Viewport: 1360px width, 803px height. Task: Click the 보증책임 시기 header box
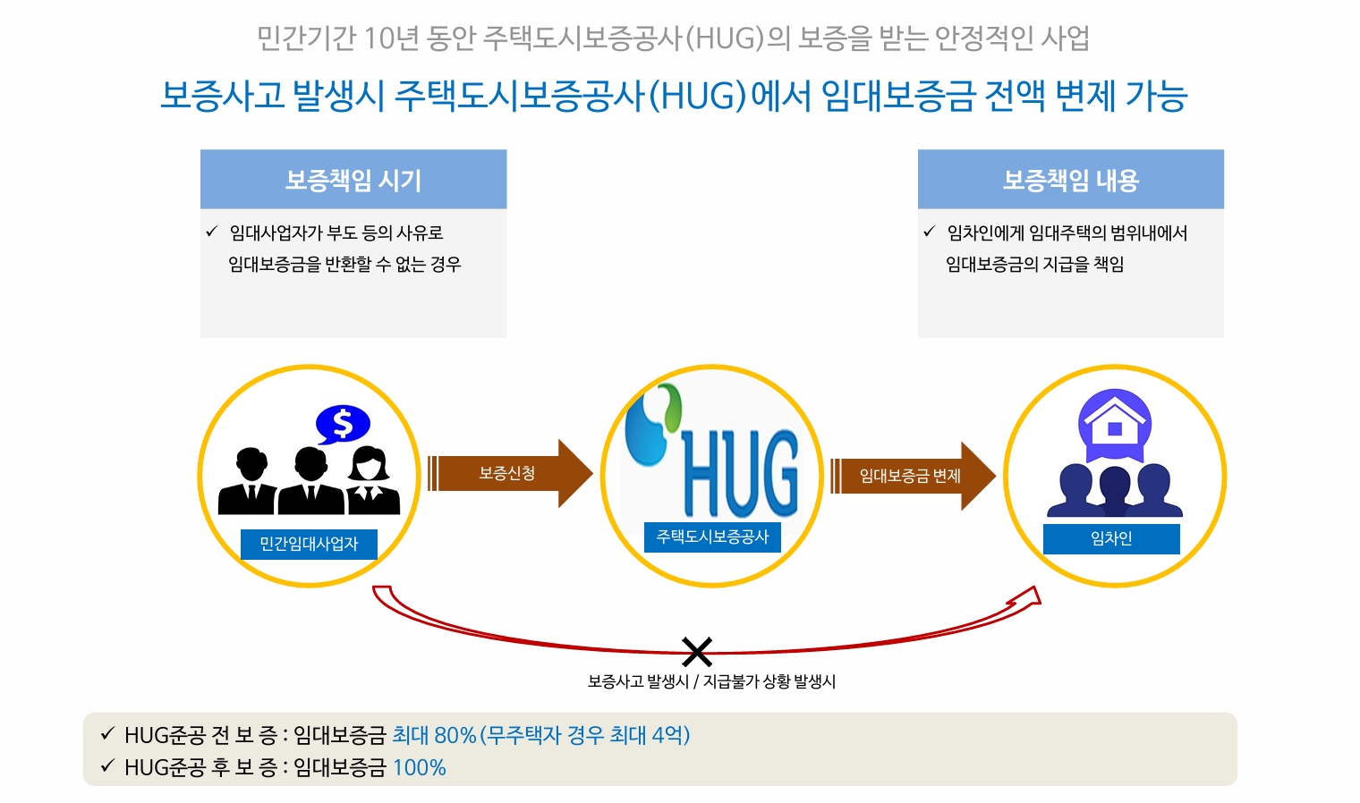[x=353, y=180]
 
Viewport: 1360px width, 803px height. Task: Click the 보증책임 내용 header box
[x=1070, y=180]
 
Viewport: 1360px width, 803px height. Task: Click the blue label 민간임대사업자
[x=309, y=544]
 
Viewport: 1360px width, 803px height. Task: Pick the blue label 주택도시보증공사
[x=712, y=537]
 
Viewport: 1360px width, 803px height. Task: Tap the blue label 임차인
[x=1111, y=538]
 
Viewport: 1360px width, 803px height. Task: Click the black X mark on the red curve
[x=697, y=652]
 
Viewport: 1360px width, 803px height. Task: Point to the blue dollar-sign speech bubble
[x=343, y=424]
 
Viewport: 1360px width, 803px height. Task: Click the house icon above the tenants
[x=1115, y=423]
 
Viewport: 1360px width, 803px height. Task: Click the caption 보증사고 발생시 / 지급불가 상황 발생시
[x=711, y=681]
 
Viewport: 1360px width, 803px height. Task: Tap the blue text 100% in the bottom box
[x=420, y=767]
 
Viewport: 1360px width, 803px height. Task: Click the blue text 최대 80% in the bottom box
[x=434, y=735]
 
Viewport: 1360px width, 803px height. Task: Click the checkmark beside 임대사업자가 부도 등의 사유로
[x=212, y=232]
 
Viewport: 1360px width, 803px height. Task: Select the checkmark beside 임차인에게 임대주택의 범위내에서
[x=929, y=232]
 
